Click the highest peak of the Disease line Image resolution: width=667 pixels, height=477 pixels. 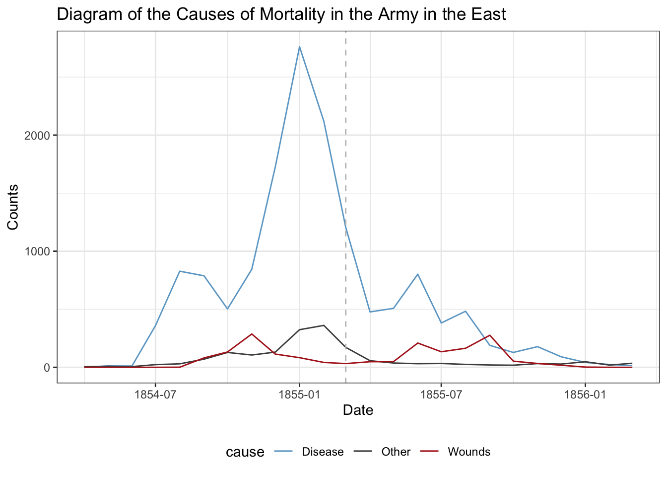tap(299, 47)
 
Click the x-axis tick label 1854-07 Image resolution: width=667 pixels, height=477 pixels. tap(155, 395)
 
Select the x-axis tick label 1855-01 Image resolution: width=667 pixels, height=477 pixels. tap(299, 395)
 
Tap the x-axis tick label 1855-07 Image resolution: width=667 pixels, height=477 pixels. tap(441, 395)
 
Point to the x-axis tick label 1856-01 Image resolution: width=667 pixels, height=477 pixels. tap(585, 395)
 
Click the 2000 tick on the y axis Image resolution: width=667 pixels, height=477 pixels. tap(38, 135)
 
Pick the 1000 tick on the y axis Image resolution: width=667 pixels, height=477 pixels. tap(38, 251)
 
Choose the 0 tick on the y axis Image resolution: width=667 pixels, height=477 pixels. tap(48, 368)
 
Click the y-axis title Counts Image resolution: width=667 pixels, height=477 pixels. tap(13, 207)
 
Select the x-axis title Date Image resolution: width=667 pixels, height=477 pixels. tap(358, 410)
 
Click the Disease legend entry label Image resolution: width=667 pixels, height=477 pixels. tap(323, 452)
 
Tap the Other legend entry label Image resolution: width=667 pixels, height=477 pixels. tap(396, 452)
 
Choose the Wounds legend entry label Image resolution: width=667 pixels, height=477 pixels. tap(468, 452)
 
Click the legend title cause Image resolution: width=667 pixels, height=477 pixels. tap(245, 452)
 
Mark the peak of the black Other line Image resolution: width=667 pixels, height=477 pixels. tap(324, 325)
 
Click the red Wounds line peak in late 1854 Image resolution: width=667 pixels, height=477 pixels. tap(252, 334)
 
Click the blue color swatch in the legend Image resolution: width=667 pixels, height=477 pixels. tap(283, 452)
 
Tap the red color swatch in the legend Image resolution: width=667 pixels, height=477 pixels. tap(429, 452)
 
